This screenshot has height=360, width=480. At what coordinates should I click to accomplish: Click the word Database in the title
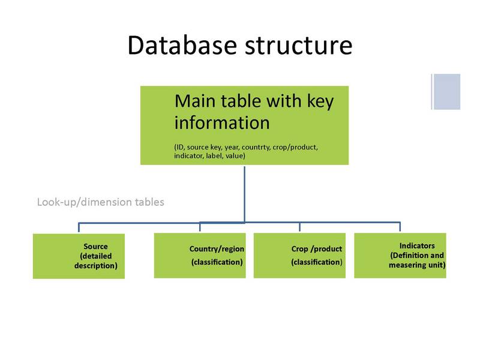point(182,46)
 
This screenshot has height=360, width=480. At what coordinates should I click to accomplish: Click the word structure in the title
point(298,46)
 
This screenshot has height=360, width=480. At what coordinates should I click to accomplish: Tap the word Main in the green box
point(194,101)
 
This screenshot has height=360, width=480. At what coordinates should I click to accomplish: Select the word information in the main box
point(222,122)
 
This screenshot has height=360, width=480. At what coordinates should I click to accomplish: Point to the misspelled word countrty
point(256,147)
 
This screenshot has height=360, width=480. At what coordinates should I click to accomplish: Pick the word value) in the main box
point(235,156)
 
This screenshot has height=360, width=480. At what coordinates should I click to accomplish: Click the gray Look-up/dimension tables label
point(100,202)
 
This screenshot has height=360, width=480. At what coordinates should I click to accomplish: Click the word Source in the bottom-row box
point(95,247)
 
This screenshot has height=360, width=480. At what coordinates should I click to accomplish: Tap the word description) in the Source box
point(96,265)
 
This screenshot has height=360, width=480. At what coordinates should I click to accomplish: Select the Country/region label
point(217,249)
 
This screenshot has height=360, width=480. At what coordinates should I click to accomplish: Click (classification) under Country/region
point(217,262)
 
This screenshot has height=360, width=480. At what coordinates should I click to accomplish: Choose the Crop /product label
point(317,249)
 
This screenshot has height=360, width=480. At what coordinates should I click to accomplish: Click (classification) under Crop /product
point(317,262)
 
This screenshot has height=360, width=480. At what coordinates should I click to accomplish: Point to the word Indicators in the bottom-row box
point(417,245)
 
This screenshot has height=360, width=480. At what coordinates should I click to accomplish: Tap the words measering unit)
point(417,265)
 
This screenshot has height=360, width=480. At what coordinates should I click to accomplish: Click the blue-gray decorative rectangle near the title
point(446,92)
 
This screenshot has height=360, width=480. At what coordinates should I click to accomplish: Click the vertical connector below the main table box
point(245,194)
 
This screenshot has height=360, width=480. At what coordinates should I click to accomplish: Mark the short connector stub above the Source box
point(79,227)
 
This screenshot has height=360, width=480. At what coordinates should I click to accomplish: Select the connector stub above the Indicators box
point(400,227)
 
